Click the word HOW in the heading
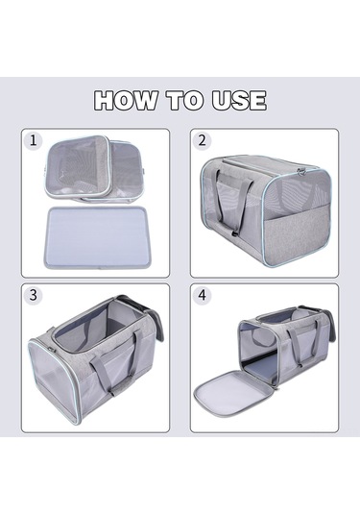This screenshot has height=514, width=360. tap(126, 100)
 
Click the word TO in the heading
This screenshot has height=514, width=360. tap(184, 100)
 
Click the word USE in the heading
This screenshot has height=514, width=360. tap(239, 100)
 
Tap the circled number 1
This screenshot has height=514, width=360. tap(33, 140)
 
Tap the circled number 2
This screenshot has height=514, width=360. tap(203, 140)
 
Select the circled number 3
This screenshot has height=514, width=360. tap(33, 295)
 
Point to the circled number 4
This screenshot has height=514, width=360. tap(203, 295)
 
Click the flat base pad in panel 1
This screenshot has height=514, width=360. tap(96, 236)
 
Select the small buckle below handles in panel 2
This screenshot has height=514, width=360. tap(233, 234)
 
